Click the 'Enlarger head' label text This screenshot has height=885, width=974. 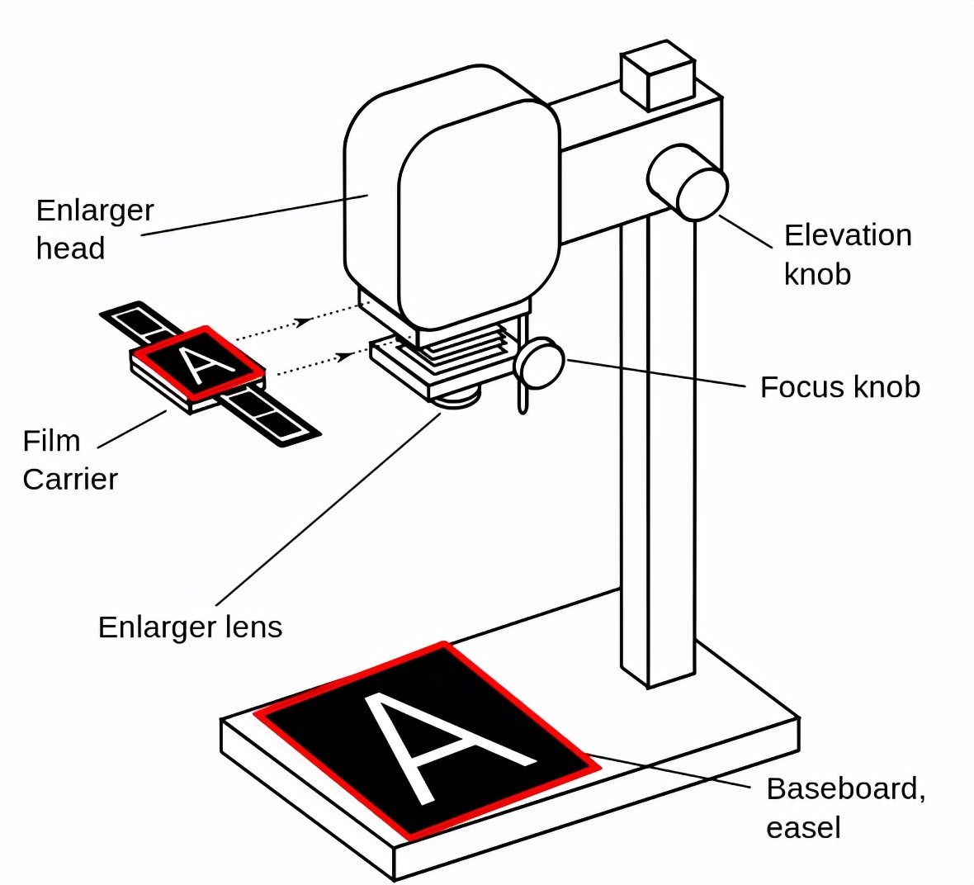click(x=94, y=229)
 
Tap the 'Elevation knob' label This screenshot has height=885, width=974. click(x=847, y=254)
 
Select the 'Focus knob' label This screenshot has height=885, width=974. click(x=839, y=387)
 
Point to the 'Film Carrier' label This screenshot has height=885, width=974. click(x=69, y=459)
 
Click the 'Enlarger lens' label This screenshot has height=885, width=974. click(x=190, y=627)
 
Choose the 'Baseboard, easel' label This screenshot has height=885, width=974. click(x=845, y=807)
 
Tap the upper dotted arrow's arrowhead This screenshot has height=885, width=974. click(x=305, y=320)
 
